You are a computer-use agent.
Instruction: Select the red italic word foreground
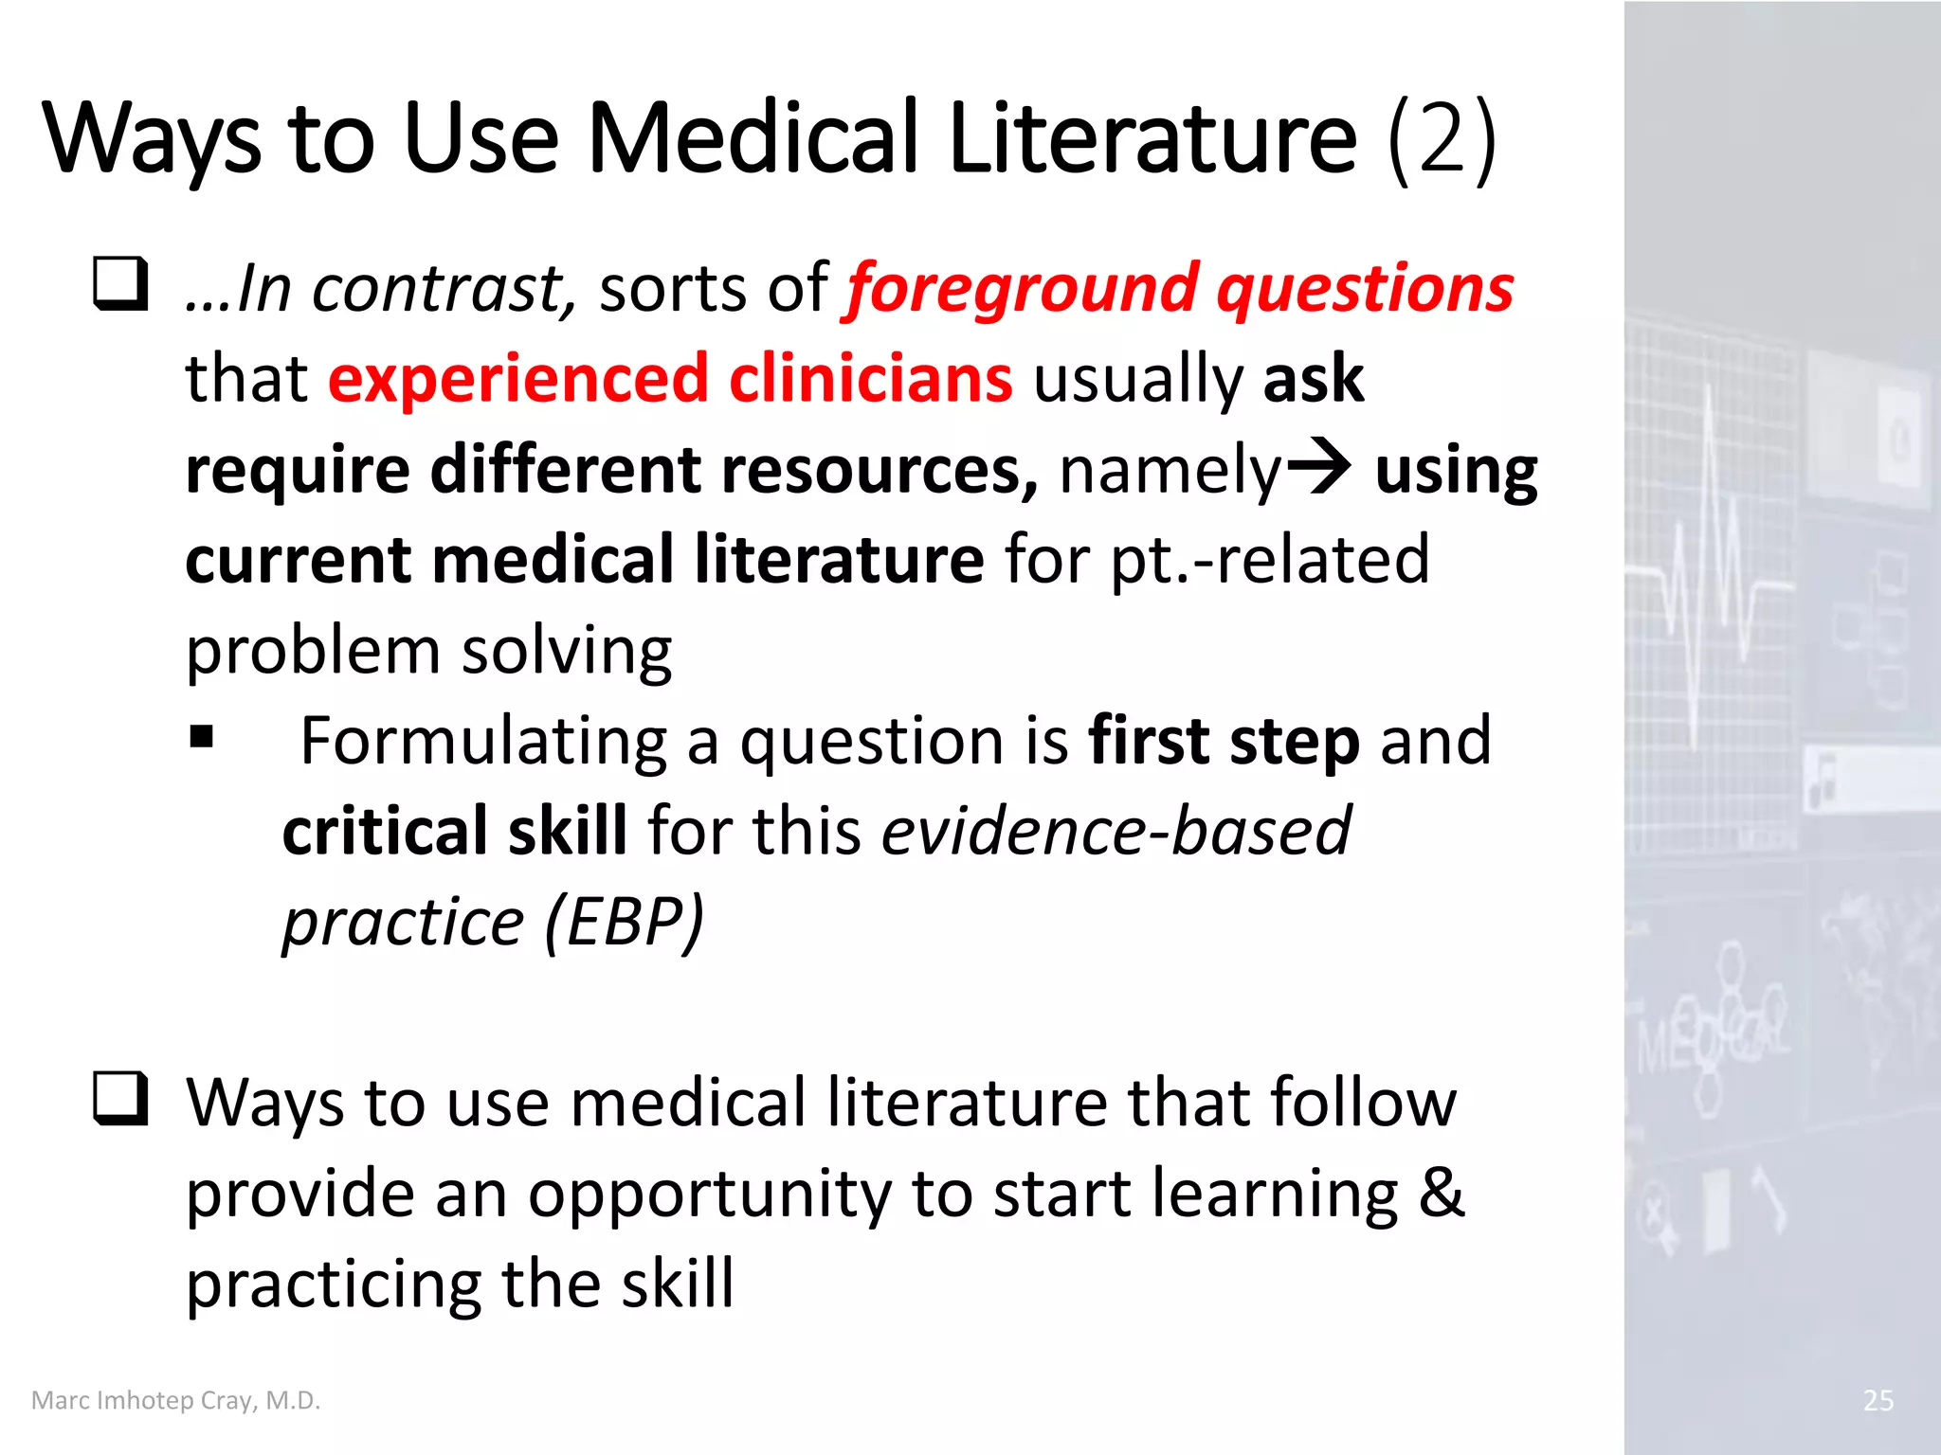coord(1022,290)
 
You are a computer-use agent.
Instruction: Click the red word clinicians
coord(870,379)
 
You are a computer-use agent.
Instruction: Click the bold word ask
coord(1313,379)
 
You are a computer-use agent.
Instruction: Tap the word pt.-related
coord(1269,560)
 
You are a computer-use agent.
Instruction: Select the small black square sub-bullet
coord(201,737)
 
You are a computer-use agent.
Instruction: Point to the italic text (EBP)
coord(624,921)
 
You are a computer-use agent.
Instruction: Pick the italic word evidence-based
coord(1116,832)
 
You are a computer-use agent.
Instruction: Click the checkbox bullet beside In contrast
coord(120,284)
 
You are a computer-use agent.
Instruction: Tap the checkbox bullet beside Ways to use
coord(120,1099)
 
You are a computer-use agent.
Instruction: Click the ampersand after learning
coord(1442,1192)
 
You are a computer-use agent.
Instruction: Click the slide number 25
coord(1878,1400)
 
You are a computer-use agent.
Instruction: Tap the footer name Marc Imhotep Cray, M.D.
coord(176,1400)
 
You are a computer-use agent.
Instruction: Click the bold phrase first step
coord(1224,742)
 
